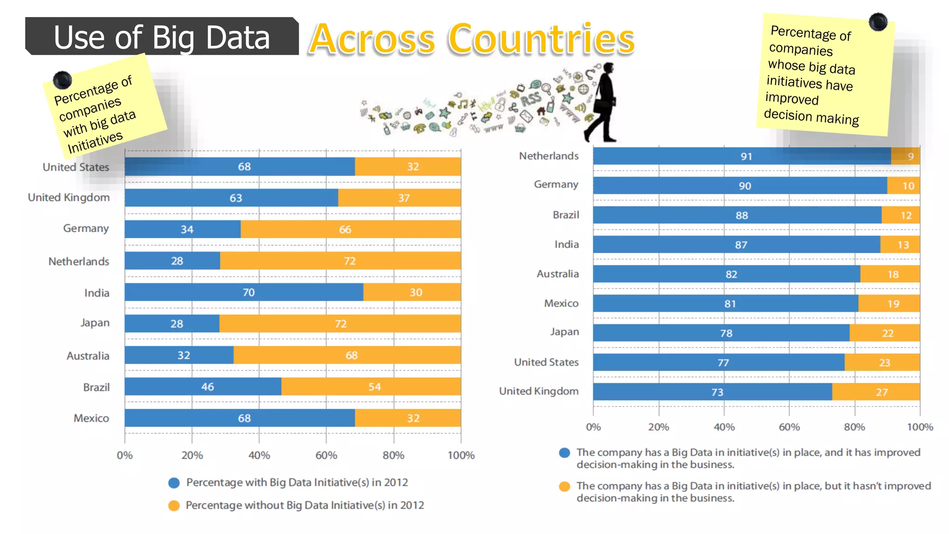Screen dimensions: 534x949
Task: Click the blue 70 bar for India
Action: pyautogui.click(x=244, y=292)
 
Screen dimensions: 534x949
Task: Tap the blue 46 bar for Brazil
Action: pyautogui.click(x=203, y=387)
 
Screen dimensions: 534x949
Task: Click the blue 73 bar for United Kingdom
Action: pyautogui.click(x=712, y=392)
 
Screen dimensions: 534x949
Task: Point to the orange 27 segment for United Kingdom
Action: pyautogui.click(x=876, y=392)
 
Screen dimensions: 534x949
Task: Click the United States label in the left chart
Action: pyautogui.click(x=76, y=167)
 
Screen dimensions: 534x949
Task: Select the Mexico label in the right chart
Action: pyautogui.click(x=561, y=303)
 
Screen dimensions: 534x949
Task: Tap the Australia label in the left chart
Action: pyautogui.click(x=88, y=356)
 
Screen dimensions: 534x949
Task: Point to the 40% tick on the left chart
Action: pyautogui.click(x=259, y=455)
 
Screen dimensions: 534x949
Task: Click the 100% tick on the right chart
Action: pyautogui.click(x=920, y=427)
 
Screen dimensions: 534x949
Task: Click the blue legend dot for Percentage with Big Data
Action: pyautogui.click(x=174, y=483)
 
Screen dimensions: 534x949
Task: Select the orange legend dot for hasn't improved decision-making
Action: pyautogui.click(x=564, y=486)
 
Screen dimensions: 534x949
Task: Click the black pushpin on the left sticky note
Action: pyautogui.click(x=62, y=80)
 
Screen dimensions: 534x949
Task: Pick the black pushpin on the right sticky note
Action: pyautogui.click(x=878, y=22)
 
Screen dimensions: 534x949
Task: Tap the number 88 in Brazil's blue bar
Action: pyautogui.click(x=741, y=216)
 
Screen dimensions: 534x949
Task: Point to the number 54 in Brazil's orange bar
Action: pyautogui.click(x=374, y=387)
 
